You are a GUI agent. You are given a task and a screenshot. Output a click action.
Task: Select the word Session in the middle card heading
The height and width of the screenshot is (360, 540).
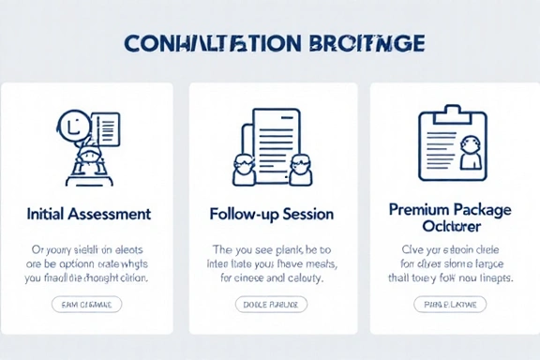click(x=306, y=214)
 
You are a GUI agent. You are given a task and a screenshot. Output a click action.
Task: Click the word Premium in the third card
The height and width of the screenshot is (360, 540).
click(x=419, y=210)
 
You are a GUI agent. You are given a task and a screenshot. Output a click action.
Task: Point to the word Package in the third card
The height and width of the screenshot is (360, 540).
click(x=482, y=210)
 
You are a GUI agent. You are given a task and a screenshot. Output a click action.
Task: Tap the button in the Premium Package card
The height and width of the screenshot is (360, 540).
click(x=449, y=304)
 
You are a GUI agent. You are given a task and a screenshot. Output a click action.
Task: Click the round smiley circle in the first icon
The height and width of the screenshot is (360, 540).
click(x=72, y=124)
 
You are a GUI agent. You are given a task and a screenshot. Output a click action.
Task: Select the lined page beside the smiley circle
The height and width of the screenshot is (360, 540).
click(x=106, y=129)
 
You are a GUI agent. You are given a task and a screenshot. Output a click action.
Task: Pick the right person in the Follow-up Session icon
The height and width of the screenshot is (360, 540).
click(x=301, y=169)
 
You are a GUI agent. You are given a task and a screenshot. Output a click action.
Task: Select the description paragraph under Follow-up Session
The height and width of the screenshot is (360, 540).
click(x=271, y=264)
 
